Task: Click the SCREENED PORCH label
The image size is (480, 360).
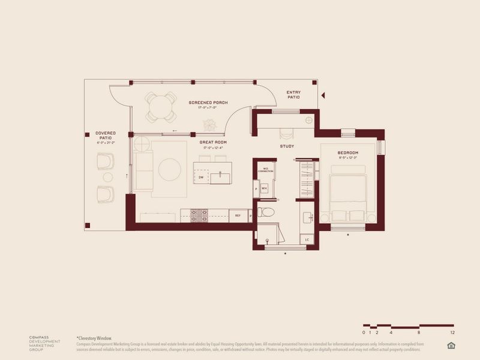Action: (x=208, y=103)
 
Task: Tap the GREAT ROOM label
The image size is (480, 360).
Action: (x=213, y=142)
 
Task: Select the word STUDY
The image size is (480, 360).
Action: (x=287, y=146)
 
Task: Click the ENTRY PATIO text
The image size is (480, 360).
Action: (x=293, y=94)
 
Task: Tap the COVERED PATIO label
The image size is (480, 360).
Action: (x=106, y=136)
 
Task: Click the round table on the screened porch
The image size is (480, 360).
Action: (x=161, y=107)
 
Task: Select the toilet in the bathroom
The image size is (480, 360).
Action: (x=265, y=211)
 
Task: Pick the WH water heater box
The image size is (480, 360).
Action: (x=264, y=188)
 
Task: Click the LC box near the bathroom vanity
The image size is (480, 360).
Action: (x=307, y=240)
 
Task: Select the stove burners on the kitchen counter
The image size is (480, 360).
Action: (x=199, y=214)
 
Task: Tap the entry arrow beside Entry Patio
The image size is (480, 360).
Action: (x=323, y=95)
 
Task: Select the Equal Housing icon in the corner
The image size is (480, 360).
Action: (x=451, y=344)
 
